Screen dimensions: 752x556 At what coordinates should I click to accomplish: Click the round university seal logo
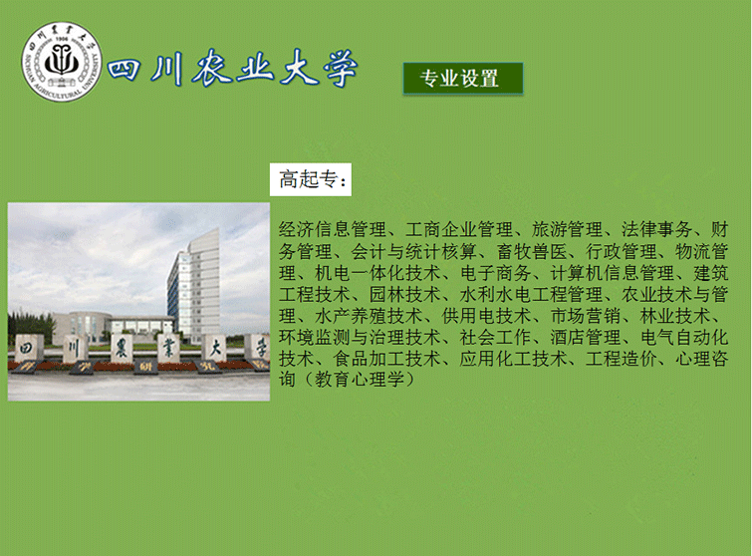point(62,61)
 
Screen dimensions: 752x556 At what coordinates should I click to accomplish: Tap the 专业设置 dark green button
point(463,78)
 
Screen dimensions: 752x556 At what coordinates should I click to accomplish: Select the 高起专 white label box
point(311,180)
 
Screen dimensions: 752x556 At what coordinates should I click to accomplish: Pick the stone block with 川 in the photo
point(75,349)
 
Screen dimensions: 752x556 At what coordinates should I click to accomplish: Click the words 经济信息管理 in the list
point(333,229)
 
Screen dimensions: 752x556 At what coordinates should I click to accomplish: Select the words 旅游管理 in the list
point(567,229)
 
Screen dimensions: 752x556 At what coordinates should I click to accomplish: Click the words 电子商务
point(495,272)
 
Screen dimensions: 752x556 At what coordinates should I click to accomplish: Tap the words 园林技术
point(405,294)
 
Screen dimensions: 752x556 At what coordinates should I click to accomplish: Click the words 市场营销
point(586,316)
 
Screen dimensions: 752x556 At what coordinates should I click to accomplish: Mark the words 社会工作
point(495,337)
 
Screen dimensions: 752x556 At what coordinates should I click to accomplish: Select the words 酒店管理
point(586,337)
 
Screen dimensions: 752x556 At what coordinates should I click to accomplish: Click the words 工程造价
point(622,359)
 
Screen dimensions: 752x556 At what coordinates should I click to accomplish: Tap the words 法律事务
point(657,229)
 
